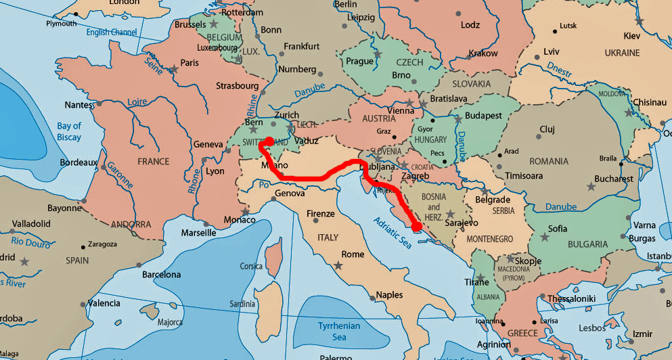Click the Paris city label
(189, 63)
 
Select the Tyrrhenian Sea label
(339, 331)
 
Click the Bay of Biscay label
(68, 131)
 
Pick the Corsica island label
(251, 267)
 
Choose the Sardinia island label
(243, 303)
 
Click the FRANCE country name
(153, 162)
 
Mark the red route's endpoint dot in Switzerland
(268, 141)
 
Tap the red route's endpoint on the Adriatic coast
(416, 227)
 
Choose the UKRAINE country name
(622, 53)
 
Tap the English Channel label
(112, 32)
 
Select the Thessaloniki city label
(571, 298)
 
